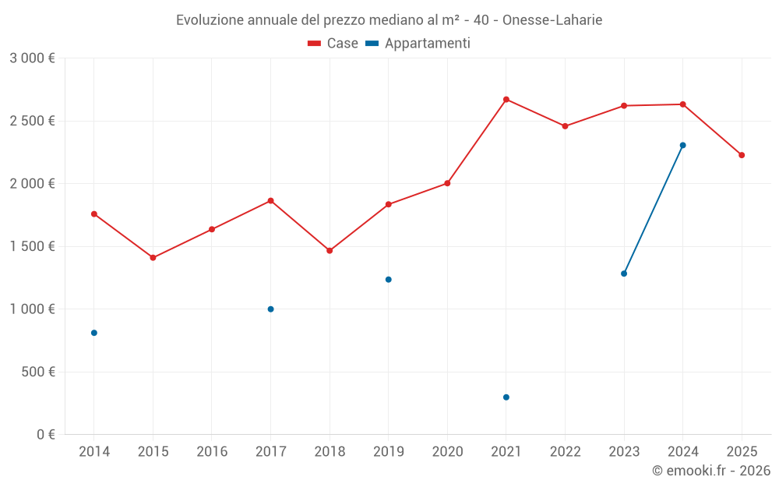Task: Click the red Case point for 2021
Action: [x=506, y=100]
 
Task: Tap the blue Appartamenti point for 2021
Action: [x=506, y=397]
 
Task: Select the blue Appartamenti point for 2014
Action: [x=94, y=333]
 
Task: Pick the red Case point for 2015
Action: [x=153, y=258]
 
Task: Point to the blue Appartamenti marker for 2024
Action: [x=683, y=145]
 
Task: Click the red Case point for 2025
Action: [x=742, y=155]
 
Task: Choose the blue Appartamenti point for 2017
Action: [x=271, y=309]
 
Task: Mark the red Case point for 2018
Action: [x=330, y=251]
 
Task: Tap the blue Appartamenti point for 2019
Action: [x=389, y=280]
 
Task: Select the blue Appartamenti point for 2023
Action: [x=624, y=273]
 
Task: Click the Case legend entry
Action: [x=333, y=44]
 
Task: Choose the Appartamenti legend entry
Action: [x=418, y=44]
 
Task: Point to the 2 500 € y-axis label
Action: [x=32, y=121]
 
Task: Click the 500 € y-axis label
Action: [x=38, y=372]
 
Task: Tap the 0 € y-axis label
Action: [x=44, y=434]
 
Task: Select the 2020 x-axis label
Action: [x=447, y=451]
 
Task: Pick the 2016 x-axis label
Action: [x=212, y=451]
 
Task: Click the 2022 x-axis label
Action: [x=565, y=451]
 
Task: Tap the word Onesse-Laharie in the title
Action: [x=552, y=19]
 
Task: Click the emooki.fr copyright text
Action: [x=711, y=471]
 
